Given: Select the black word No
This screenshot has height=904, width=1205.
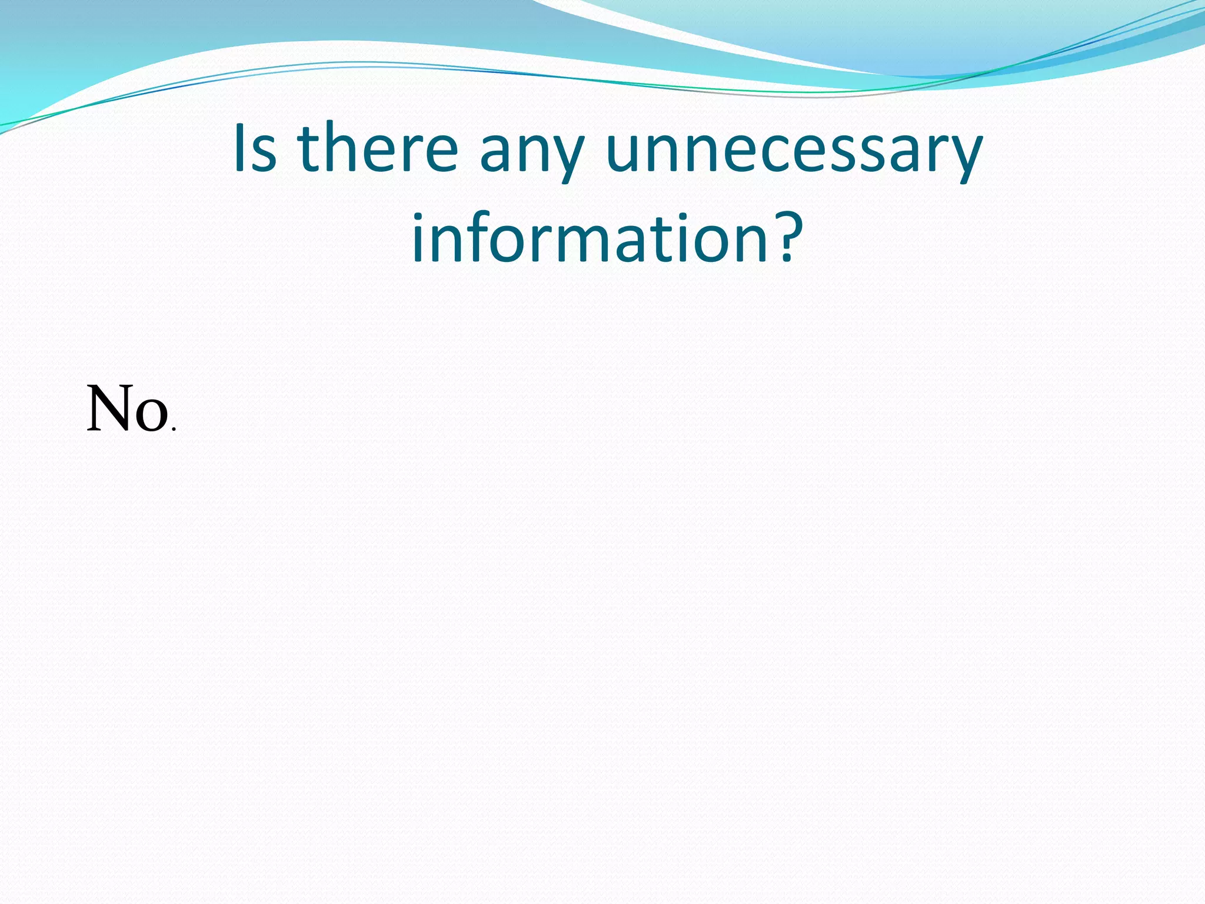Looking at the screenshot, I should tap(127, 409).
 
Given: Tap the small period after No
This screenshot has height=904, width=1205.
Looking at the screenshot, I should tap(173, 430).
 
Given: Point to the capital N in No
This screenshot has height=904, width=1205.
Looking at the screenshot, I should tap(108, 409).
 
